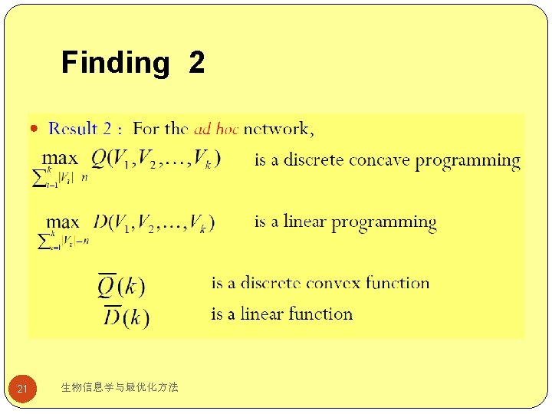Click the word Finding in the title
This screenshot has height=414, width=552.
click(x=115, y=63)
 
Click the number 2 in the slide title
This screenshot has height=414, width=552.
click(x=196, y=63)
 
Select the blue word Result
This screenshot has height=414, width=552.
click(x=74, y=129)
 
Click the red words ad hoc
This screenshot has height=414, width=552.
click(x=217, y=129)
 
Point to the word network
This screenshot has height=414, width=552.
click(x=278, y=129)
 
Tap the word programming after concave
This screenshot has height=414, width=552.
click(x=468, y=161)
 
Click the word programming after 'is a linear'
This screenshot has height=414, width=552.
click(x=383, y=223)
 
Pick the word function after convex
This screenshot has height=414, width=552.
click(x=397, y=283)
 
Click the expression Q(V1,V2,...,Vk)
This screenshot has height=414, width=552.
click(x=156, y=159)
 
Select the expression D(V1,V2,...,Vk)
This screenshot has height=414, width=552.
click(x=154, y=222)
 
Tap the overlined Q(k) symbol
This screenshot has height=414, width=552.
click(x=120, y=284)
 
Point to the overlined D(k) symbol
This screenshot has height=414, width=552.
click(x=126, y=315)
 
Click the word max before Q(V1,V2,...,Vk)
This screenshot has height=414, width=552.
click(x=59, y=159)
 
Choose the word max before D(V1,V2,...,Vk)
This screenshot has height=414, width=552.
click(x=63, y=222)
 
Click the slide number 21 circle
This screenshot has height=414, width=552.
click(x=22, y=389)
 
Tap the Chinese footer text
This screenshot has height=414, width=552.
click(x=119, y=388)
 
